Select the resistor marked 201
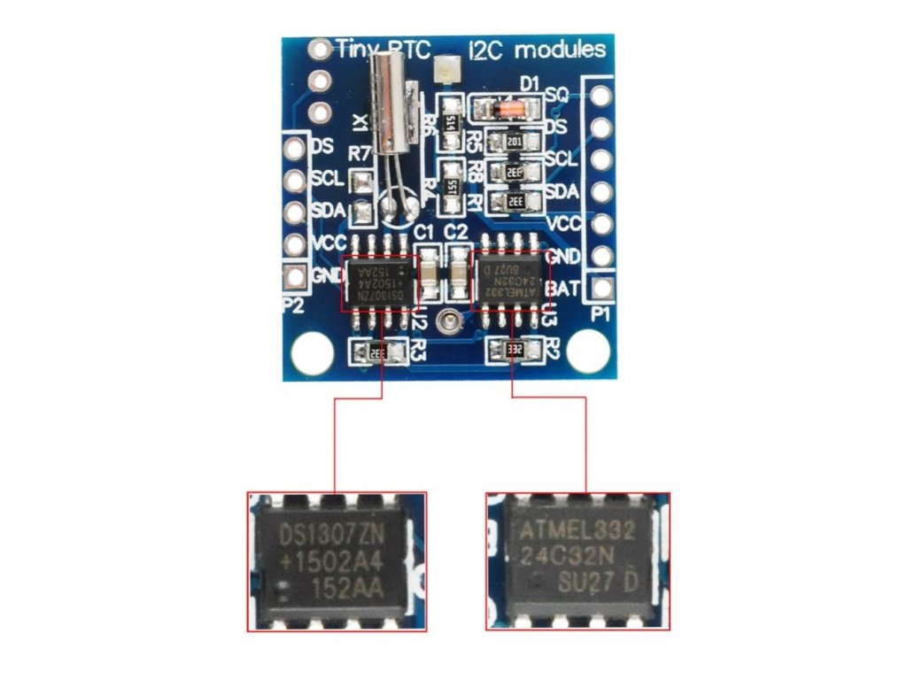tap(514, 143)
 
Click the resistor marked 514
tap(451, 120)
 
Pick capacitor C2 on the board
tap(458, 271)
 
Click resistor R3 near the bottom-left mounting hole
tap(376, 352)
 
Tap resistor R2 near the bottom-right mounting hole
tap(515, 352)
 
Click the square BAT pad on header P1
tap(602, 288)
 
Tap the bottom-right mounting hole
tap(587, 352)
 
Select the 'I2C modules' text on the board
tap(537, 50)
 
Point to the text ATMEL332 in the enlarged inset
tap(578, 532)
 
